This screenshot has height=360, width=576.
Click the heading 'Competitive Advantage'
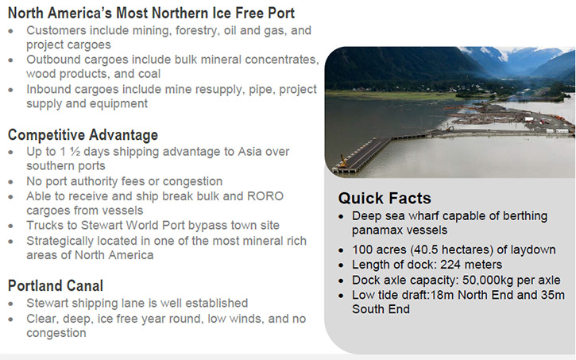point(83,135)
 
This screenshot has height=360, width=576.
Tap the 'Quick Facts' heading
point(385,199)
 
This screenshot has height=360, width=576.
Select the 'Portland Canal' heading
point(56,286)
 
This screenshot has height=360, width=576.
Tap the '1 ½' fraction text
point(70,152)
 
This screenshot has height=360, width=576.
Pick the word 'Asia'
point(250,152)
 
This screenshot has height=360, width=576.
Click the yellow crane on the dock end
point(343,161)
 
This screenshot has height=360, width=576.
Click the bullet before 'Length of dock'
point(342,265)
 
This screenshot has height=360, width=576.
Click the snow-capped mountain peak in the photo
point(503,54)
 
